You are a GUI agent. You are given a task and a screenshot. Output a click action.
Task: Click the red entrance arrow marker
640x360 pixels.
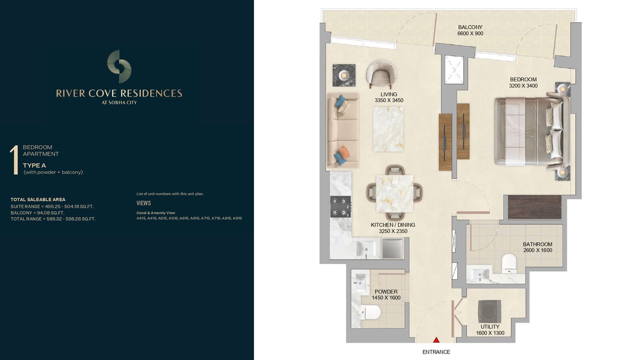coord(436,340)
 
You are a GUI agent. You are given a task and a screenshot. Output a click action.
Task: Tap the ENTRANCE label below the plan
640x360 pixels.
coord(436,352)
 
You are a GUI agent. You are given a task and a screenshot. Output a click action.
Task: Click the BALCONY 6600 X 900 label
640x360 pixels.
coord(470,30)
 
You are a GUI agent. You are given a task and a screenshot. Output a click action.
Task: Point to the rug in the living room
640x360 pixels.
coord(388,129)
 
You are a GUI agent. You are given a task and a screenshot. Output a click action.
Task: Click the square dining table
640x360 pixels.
coord(394,194)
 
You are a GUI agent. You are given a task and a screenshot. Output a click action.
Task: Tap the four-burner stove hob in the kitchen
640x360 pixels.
coord(340,206)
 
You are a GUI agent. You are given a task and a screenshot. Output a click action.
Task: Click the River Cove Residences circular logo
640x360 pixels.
coord(119,66)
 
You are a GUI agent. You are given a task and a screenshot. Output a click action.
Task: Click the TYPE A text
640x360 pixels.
coord(34,166)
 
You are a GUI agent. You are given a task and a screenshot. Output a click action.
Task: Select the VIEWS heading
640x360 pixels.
coord(144,203)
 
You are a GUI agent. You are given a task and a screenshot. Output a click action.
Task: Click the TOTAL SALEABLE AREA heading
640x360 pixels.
coord(38,200)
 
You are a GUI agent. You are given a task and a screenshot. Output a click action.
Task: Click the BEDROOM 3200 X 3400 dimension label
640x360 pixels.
coord(523,82)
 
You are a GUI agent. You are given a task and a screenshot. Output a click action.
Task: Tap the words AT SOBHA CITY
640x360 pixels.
coord(119,102)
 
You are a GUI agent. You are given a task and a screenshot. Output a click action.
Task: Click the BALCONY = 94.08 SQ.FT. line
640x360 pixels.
coord(38,213)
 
